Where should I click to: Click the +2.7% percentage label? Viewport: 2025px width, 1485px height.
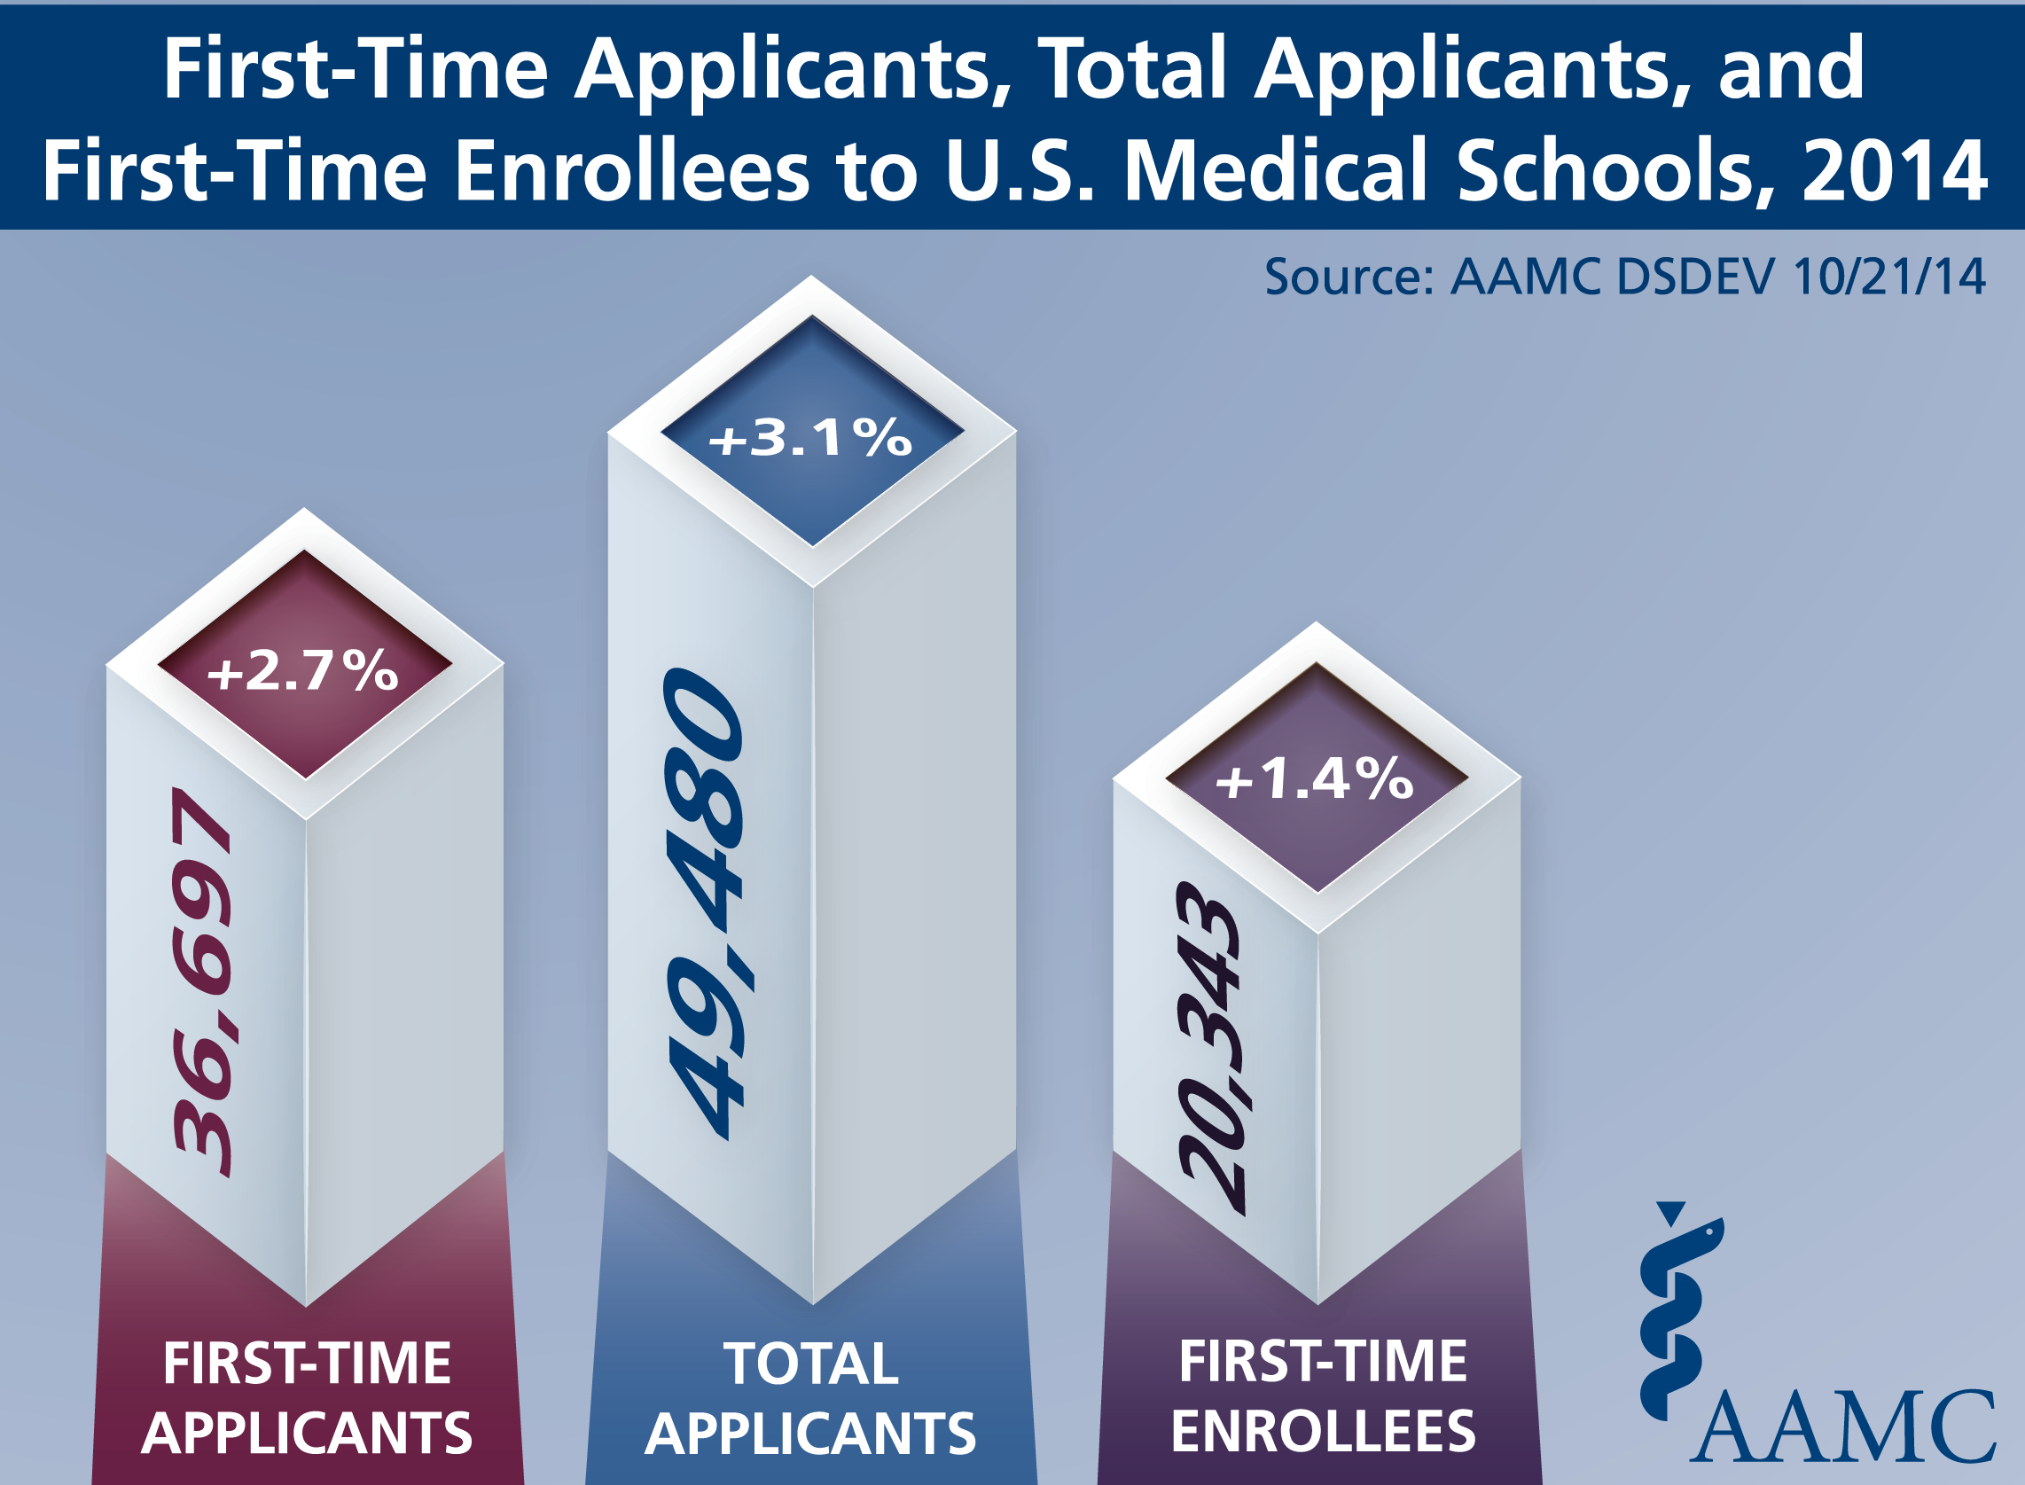303,670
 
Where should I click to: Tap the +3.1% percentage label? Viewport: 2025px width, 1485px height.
810,438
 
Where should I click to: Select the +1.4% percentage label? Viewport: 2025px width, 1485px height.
1315,778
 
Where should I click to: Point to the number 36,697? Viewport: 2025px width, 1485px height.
203,981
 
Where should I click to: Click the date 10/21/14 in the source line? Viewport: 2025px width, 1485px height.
1888,277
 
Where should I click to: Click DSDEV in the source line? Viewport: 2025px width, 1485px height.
1695,277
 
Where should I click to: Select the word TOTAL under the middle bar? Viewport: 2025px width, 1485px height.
810,1364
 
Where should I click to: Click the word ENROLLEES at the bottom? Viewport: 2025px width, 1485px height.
1323,1431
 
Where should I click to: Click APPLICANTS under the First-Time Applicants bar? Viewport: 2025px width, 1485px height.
307,1433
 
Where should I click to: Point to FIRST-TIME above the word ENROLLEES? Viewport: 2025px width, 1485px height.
1323,1361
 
